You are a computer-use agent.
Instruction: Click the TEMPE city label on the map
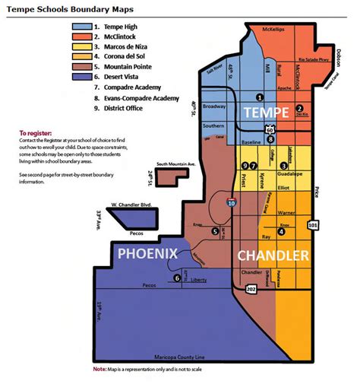(x=265, y=113)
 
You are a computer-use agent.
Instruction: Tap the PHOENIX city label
(x=146, y=252)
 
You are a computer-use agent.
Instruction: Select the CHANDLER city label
(x=273, y=255)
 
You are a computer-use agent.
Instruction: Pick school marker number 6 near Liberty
(x=178, y=278)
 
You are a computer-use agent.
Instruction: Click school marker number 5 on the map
(x=216, y=231)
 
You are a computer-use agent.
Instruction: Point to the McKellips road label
(x=273, y=30)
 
